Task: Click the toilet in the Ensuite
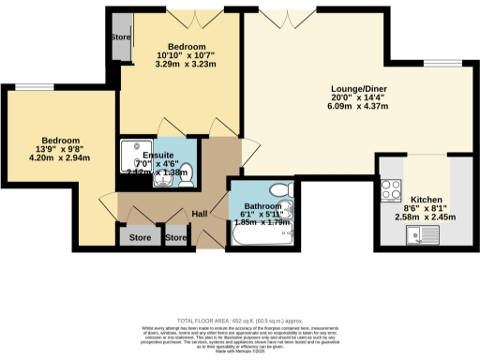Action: tap(184, 171)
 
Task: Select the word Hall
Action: tap(200, 215)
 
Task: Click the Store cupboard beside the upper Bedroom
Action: tap(119, 38)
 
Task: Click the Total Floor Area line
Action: tap(240, 319)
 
